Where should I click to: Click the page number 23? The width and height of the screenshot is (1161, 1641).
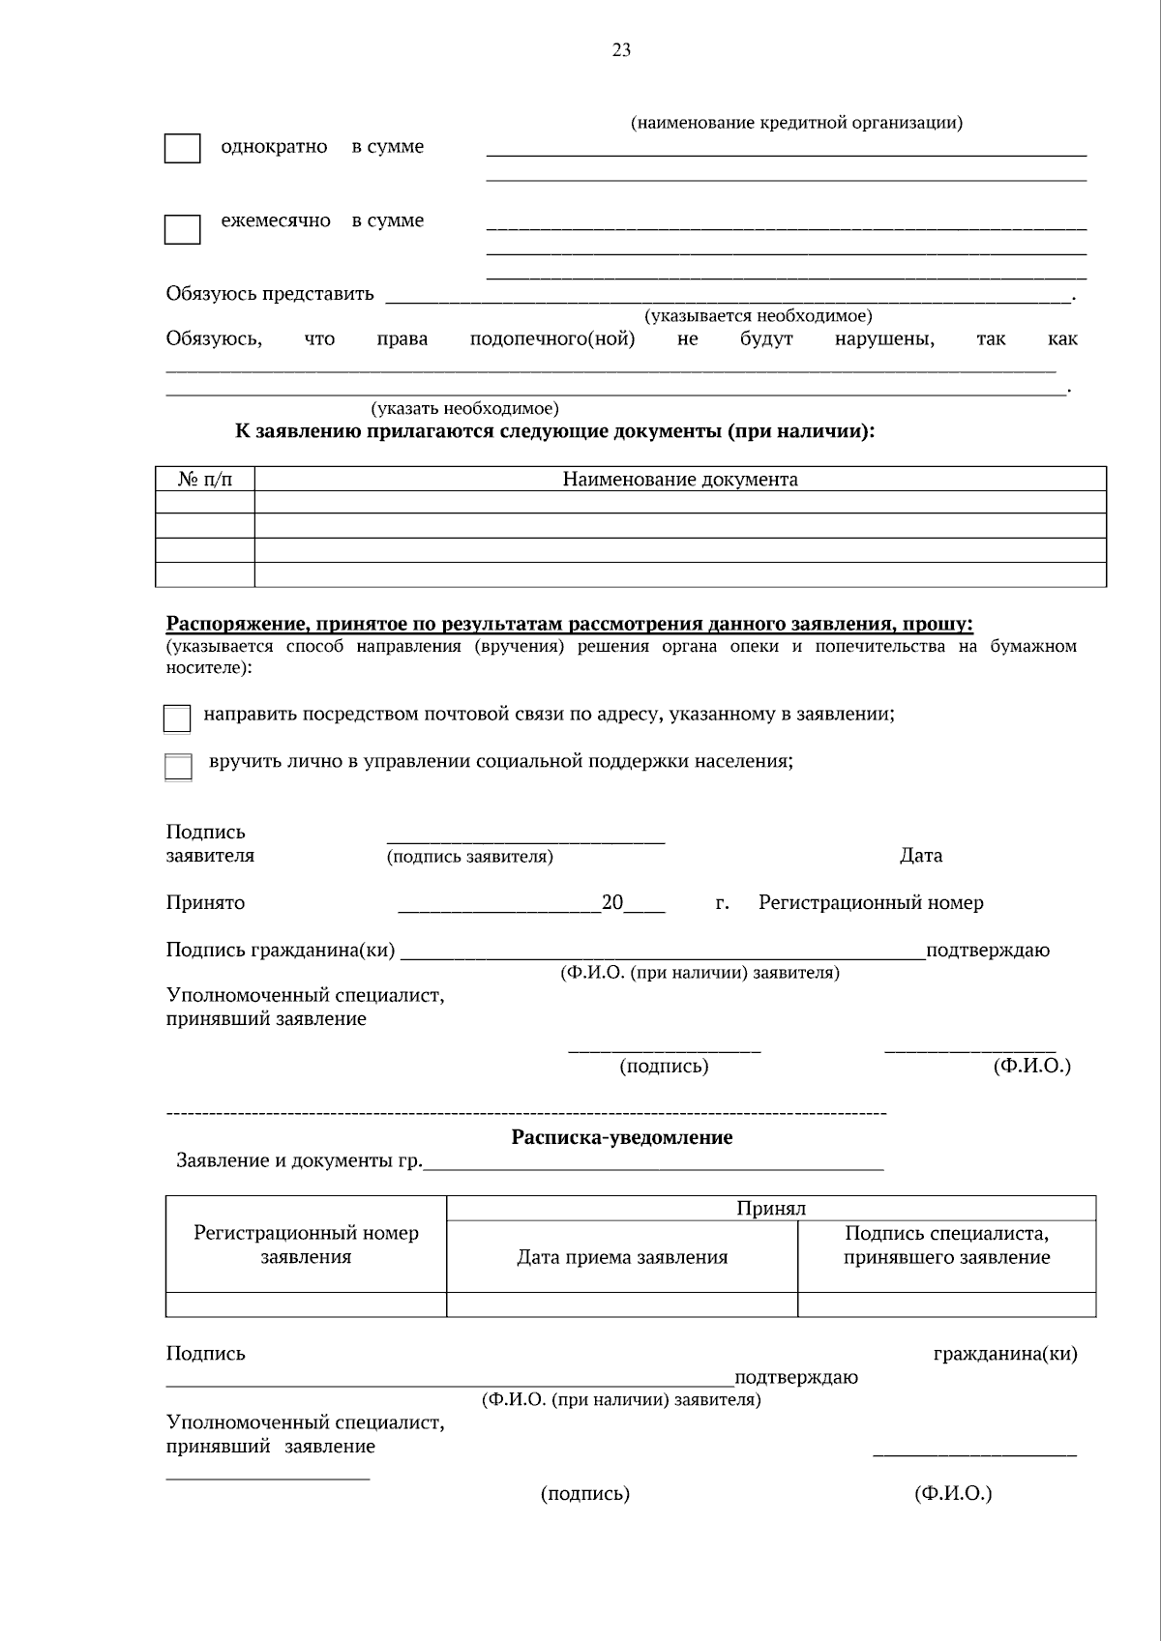[621, 50]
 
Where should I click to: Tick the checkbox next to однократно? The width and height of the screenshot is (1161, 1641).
[182, 149]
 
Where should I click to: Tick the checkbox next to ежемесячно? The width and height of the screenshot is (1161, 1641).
[182, 229]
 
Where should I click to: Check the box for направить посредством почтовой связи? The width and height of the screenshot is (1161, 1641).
[177, 718]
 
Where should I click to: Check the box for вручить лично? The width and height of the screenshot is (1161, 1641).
[178, 767]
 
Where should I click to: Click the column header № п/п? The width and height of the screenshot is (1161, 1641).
[205, 480]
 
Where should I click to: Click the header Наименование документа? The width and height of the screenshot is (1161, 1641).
[680, 480]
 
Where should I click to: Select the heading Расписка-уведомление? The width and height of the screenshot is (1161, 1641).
[621, 1137]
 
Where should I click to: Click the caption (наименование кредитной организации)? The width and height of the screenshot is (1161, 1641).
[796, 123]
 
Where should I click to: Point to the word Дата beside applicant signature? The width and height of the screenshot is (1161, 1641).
[920, 855]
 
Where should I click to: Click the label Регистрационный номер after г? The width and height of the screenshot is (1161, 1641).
[871, 903]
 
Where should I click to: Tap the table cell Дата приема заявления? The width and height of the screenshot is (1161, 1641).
[622, 1257]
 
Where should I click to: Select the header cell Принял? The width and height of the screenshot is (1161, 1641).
[770, 1208]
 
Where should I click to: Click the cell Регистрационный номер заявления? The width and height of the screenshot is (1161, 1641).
[306, 1245]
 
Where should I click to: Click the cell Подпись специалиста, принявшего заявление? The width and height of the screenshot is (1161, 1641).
[946, 1245]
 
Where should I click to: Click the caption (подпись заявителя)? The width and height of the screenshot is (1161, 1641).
[470, 857]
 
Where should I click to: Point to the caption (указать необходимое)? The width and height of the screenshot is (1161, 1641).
[464, 408]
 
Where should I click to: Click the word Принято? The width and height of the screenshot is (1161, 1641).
[205, 903]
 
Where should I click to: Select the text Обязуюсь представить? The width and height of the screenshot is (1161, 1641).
[269, 294]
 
